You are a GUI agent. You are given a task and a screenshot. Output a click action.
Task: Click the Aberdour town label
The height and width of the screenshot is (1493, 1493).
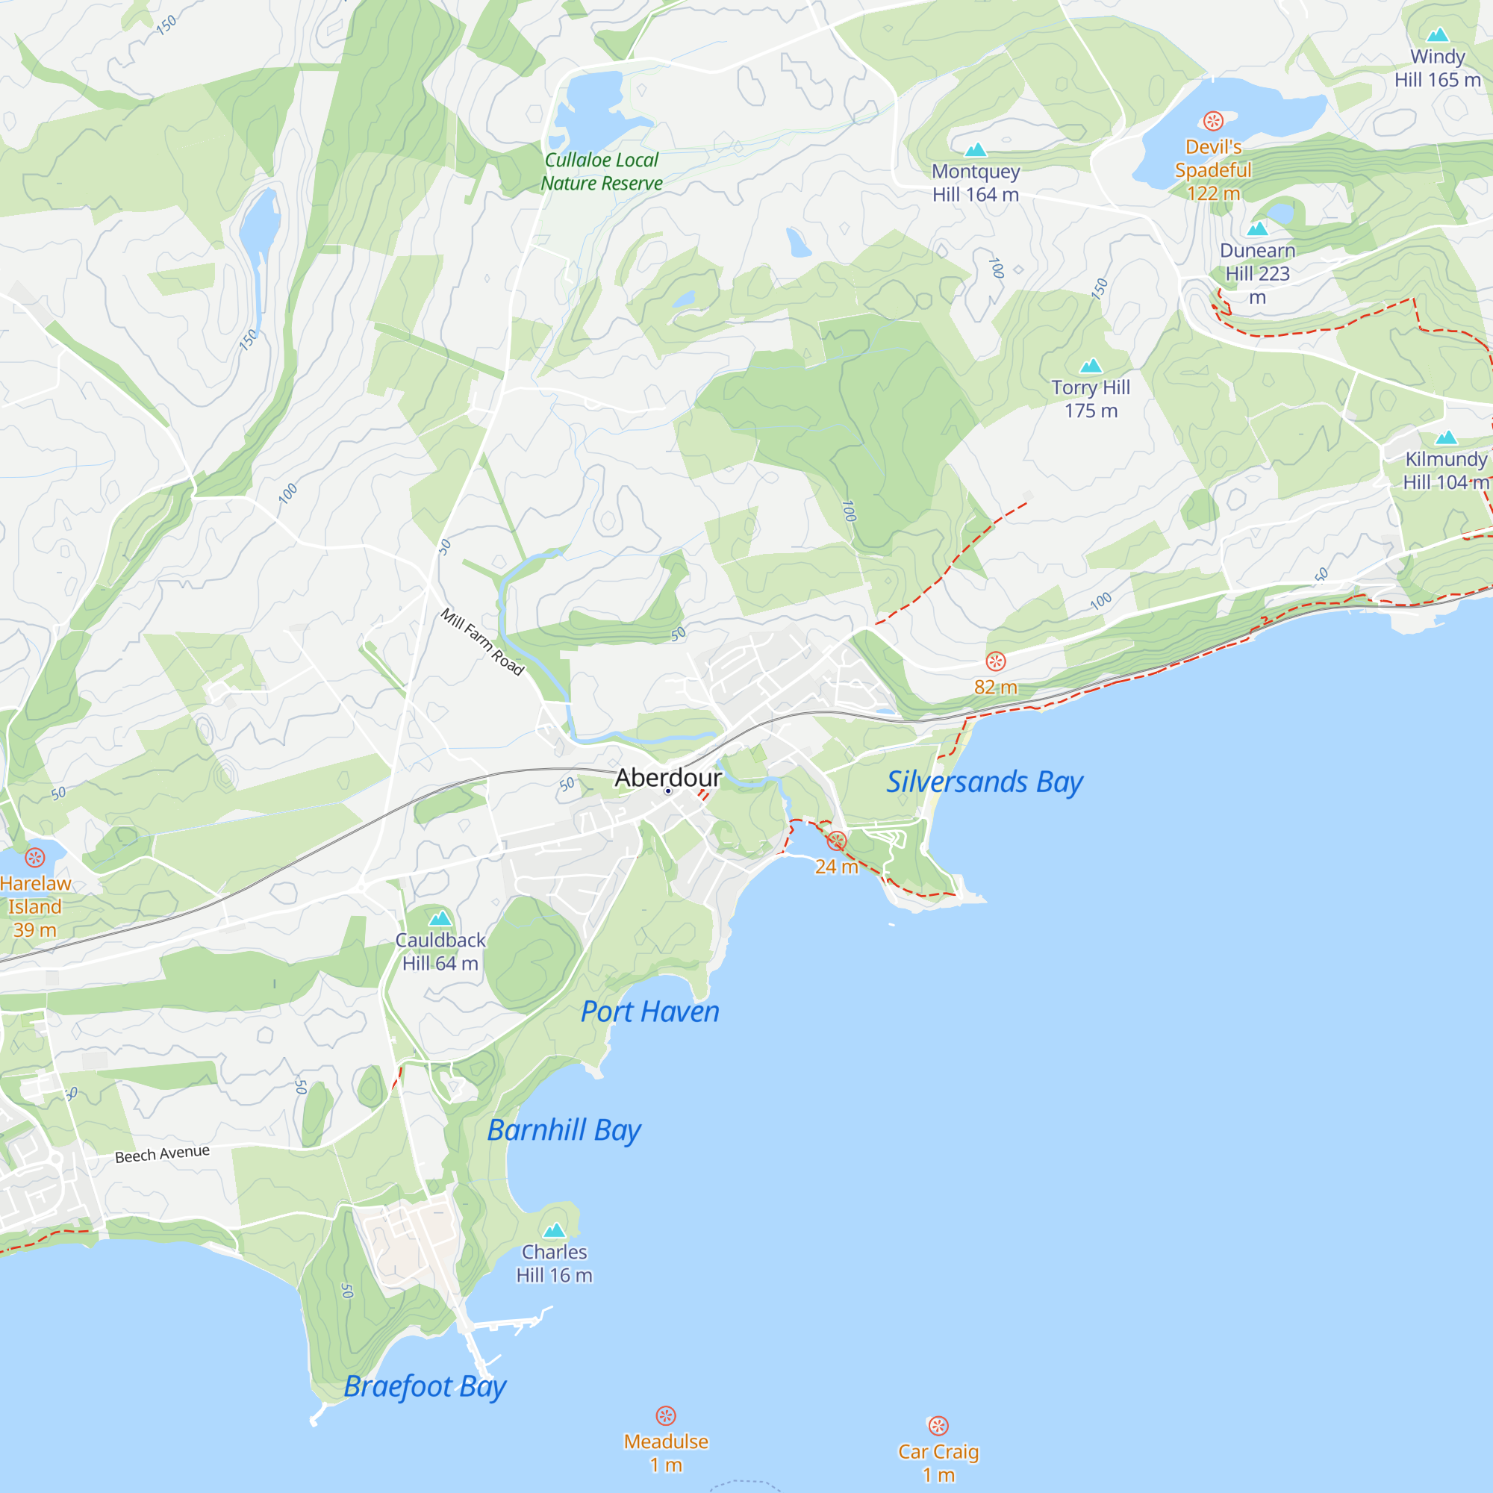[x=667, y=777]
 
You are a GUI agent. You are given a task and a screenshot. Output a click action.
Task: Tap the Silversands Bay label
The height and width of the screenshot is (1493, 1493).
[x=984, y=782]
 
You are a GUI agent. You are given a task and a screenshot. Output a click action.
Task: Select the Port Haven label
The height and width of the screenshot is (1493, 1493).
[x=650, y=1012]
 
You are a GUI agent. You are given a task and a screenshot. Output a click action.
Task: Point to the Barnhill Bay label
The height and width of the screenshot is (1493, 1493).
[x=564, y=1129]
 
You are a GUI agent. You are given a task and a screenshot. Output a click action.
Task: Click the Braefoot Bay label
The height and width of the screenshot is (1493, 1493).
[x=425, y=1386]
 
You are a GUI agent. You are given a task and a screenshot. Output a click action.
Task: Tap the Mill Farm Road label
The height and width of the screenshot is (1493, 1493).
[x=483, y=641]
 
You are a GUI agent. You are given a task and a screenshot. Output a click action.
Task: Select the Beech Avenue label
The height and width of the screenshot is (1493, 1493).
[x=162, y=1155]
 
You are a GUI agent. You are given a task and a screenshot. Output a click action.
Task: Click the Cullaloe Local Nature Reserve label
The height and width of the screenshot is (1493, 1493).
[x=601, y=172]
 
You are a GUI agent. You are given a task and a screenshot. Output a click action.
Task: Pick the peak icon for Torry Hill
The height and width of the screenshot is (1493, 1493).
[x=1091, y=365]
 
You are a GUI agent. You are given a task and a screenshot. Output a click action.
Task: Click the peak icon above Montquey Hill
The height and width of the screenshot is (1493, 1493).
[x=976, y=149]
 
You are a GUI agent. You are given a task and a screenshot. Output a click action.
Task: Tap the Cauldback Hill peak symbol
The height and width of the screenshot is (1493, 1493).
[x=440, y=918]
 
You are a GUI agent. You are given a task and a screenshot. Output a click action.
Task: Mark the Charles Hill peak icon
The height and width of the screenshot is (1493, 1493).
[x=554, y=1230]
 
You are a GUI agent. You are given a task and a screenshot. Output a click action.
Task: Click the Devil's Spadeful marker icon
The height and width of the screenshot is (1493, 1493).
[x=1213, y=120]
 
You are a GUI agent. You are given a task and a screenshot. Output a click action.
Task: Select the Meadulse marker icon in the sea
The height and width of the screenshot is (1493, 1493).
[x=666, y=1415]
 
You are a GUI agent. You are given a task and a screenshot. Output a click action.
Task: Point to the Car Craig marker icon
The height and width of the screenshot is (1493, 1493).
[x=938, y=1426]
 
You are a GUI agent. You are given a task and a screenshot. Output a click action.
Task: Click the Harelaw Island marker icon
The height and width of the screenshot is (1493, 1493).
[x=35, y=857]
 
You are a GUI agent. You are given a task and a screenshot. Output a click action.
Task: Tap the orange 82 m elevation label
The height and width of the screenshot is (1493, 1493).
[x=995, y=686]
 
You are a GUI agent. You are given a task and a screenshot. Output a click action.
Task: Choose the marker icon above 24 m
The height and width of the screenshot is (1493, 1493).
[x=837, y=841]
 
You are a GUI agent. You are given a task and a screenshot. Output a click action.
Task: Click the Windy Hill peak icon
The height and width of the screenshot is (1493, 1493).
[x=1437, y=35]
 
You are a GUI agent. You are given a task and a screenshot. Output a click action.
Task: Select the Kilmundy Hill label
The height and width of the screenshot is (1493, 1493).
[x=1445, y=470]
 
